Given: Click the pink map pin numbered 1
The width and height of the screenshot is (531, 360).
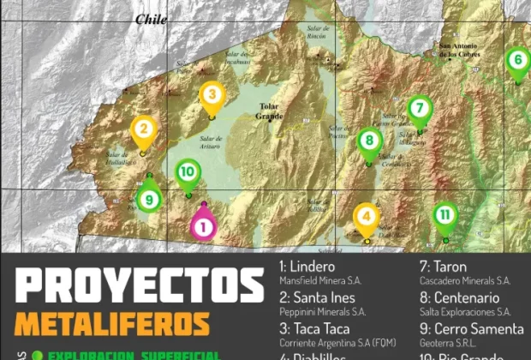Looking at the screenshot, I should point(203,225).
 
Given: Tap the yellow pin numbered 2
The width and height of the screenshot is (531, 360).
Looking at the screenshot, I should point(144,131).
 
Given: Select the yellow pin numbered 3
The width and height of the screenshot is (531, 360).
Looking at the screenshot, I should point(212,96).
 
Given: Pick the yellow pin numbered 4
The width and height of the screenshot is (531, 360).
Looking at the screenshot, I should point(367,218).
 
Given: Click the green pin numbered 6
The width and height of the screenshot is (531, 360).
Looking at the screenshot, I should point(516,61).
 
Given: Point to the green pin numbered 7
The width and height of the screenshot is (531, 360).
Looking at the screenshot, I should point(419,109).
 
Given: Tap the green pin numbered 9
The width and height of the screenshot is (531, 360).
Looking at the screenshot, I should point(150,199).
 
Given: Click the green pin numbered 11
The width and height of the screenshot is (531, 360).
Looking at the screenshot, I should point(444,215).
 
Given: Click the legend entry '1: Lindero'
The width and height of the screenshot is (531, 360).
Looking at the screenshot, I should point(308,267).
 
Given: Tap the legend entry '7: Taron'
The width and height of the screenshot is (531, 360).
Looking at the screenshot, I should point(443,267).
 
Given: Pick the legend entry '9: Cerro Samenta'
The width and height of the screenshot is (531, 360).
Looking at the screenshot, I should point(472,328).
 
